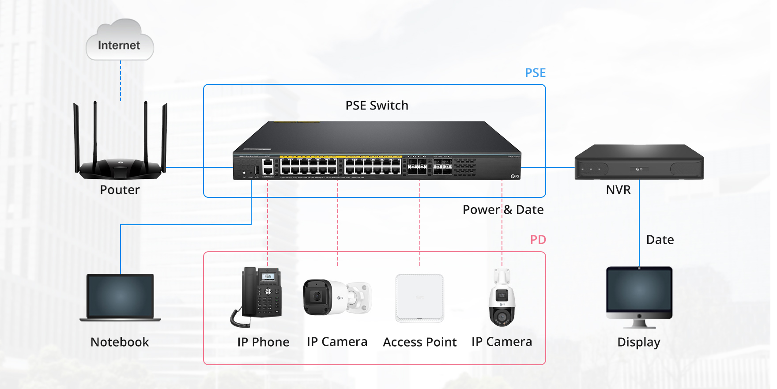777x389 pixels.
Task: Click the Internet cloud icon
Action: [x=120, y=41]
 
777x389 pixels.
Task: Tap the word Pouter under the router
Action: [x=120, y=190]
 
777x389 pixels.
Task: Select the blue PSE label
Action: [x=535, y=73]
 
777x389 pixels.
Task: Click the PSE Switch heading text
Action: [x=377, y=106]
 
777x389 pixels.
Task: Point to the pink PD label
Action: [x=538, y=240]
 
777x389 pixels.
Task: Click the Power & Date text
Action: [x=503, y=210]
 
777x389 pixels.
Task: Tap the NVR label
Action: [x=618, y=190]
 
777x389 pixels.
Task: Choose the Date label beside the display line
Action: [x=660, y=240]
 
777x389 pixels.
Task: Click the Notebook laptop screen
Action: [x=120, y=295]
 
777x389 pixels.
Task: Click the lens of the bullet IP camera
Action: [x=316, y=296]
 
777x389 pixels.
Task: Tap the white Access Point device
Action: [x=419, y=298]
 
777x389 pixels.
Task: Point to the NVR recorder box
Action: [x=639, y=163]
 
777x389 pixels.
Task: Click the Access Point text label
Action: [x=419, y=342]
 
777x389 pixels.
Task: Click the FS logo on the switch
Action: [x=515, y=176]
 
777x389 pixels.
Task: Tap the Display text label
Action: [x=638, y=342]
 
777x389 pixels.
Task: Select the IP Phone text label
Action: [x=263, y=342]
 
